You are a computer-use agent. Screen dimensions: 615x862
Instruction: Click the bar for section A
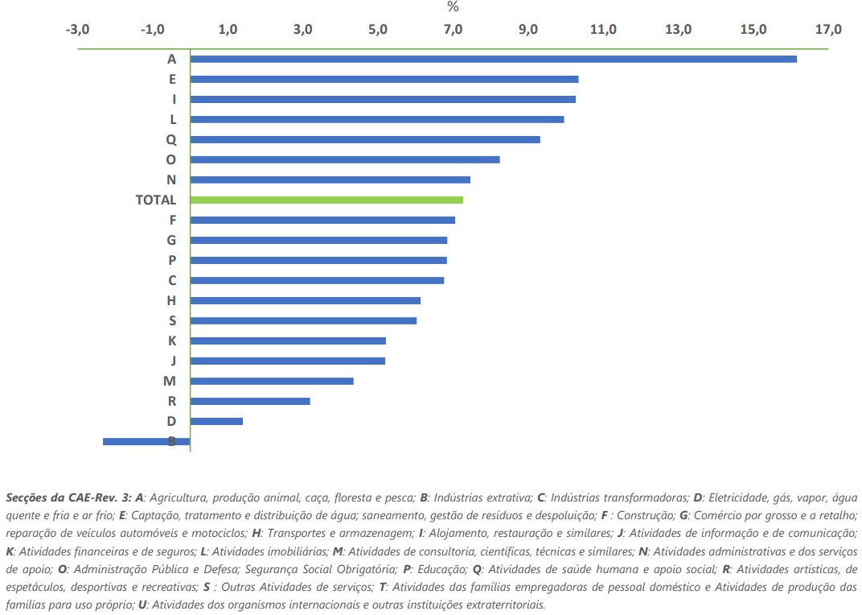[493, 59]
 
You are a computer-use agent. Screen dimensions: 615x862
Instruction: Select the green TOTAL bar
[326, 200]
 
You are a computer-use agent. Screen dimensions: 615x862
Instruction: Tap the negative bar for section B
[146, 441]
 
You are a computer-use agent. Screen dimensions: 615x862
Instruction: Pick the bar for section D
[216, 421]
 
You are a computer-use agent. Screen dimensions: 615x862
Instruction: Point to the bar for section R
[250, 401]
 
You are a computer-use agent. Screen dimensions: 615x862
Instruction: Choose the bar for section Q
[365, 139]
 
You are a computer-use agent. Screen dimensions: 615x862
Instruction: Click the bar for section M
[272, 381]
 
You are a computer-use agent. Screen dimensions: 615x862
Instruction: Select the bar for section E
[384, 79]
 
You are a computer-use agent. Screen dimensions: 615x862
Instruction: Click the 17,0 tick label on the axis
[828, 30]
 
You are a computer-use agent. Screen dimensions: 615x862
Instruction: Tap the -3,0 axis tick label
[77, 30]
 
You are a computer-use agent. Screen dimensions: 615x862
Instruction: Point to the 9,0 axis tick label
[528, 30]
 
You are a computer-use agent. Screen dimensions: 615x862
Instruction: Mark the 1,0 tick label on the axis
[228, 30]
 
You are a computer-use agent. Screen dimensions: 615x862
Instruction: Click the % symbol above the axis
[453, 7]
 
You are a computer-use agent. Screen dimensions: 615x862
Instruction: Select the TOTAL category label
[155, 200]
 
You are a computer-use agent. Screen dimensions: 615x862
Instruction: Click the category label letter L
[172, 119]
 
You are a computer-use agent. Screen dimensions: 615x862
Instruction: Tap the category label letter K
[171, 341]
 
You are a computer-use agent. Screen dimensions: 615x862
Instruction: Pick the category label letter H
[171, 300]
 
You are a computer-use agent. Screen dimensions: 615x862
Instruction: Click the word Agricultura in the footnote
[173, 497]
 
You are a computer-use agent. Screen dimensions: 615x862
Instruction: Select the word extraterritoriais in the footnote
[506, 604]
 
